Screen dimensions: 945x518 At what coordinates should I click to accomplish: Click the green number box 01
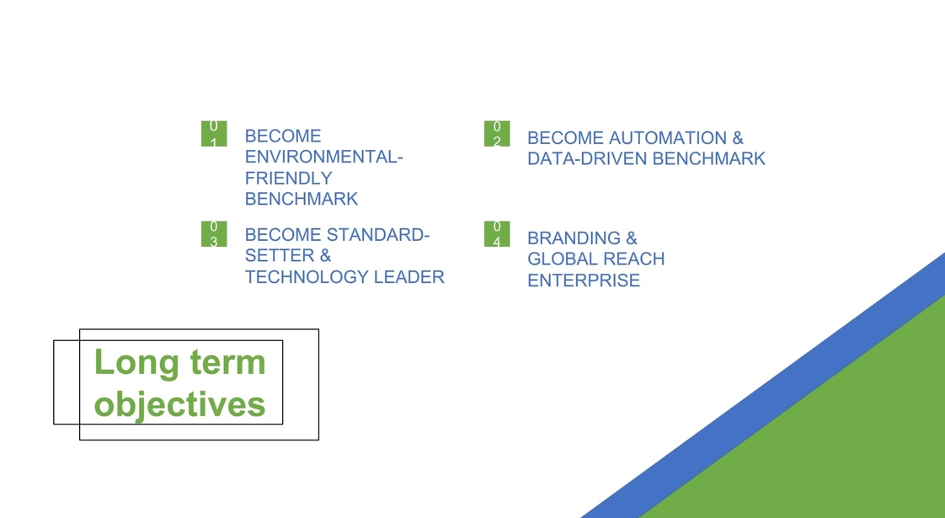(x=214, y=133)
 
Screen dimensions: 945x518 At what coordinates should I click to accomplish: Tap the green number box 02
(x=497, y=133)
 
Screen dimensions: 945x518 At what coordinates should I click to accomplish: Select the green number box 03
(x=214, y=234)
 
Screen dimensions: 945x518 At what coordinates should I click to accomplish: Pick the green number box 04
(x=497, y=234)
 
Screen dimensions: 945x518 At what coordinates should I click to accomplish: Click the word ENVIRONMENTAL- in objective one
(x=323, y=157)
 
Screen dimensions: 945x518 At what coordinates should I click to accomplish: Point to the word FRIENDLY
(x=289, y=178)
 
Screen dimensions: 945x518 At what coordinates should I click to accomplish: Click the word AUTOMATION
(x=668, y=138)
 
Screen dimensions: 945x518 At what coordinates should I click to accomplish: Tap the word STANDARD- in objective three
(x=378, y=235)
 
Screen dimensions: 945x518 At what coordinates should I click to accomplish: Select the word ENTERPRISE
(x=584, y=280)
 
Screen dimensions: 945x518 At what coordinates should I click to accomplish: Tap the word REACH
(x=630, y=259)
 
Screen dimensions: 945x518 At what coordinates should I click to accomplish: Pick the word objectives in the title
(x=179, y=404)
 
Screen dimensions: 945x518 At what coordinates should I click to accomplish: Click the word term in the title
(x=227, y=363)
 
